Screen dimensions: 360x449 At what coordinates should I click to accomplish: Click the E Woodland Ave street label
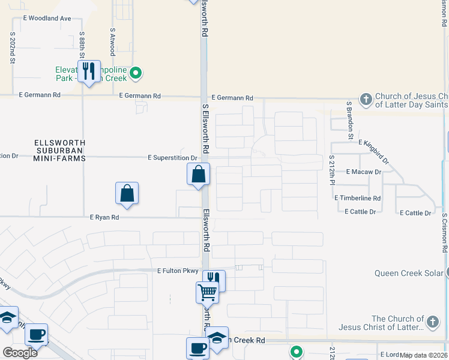click(x=47, y=19)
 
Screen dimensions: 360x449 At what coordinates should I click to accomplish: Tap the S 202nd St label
click(x=12, y=49)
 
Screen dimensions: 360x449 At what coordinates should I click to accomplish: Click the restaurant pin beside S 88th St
click(x=89, y=71)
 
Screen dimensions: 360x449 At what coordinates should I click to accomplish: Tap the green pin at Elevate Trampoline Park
click(x=136, y=74)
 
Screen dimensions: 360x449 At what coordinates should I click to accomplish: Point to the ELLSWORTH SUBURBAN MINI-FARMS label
click(x=60, y=151)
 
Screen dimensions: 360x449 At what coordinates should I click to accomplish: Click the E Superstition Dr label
click(x=172, y=158)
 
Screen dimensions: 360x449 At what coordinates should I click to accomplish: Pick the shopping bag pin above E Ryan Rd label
click(x=127, y=194)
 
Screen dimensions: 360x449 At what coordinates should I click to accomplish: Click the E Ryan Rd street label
click(x=104, y=218)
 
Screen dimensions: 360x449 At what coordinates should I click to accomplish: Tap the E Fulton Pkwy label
click(x=178, y=271)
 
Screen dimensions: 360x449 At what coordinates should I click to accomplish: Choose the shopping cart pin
click(x=207, y=293)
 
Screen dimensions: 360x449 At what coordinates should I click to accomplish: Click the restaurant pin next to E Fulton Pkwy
click(x=214, y=280)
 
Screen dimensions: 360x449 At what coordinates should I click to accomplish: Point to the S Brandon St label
click(x=349, y=120)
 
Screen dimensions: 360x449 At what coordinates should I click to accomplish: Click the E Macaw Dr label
click(x=364, y=172)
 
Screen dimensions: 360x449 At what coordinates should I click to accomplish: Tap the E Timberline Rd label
click(x=358, y=198)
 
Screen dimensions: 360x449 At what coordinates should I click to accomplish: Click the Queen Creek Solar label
click(x=409, y=273)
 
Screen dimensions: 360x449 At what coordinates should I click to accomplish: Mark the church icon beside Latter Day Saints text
click(x=366, y=98)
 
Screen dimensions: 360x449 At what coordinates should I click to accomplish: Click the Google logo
click(x=20, y=353)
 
